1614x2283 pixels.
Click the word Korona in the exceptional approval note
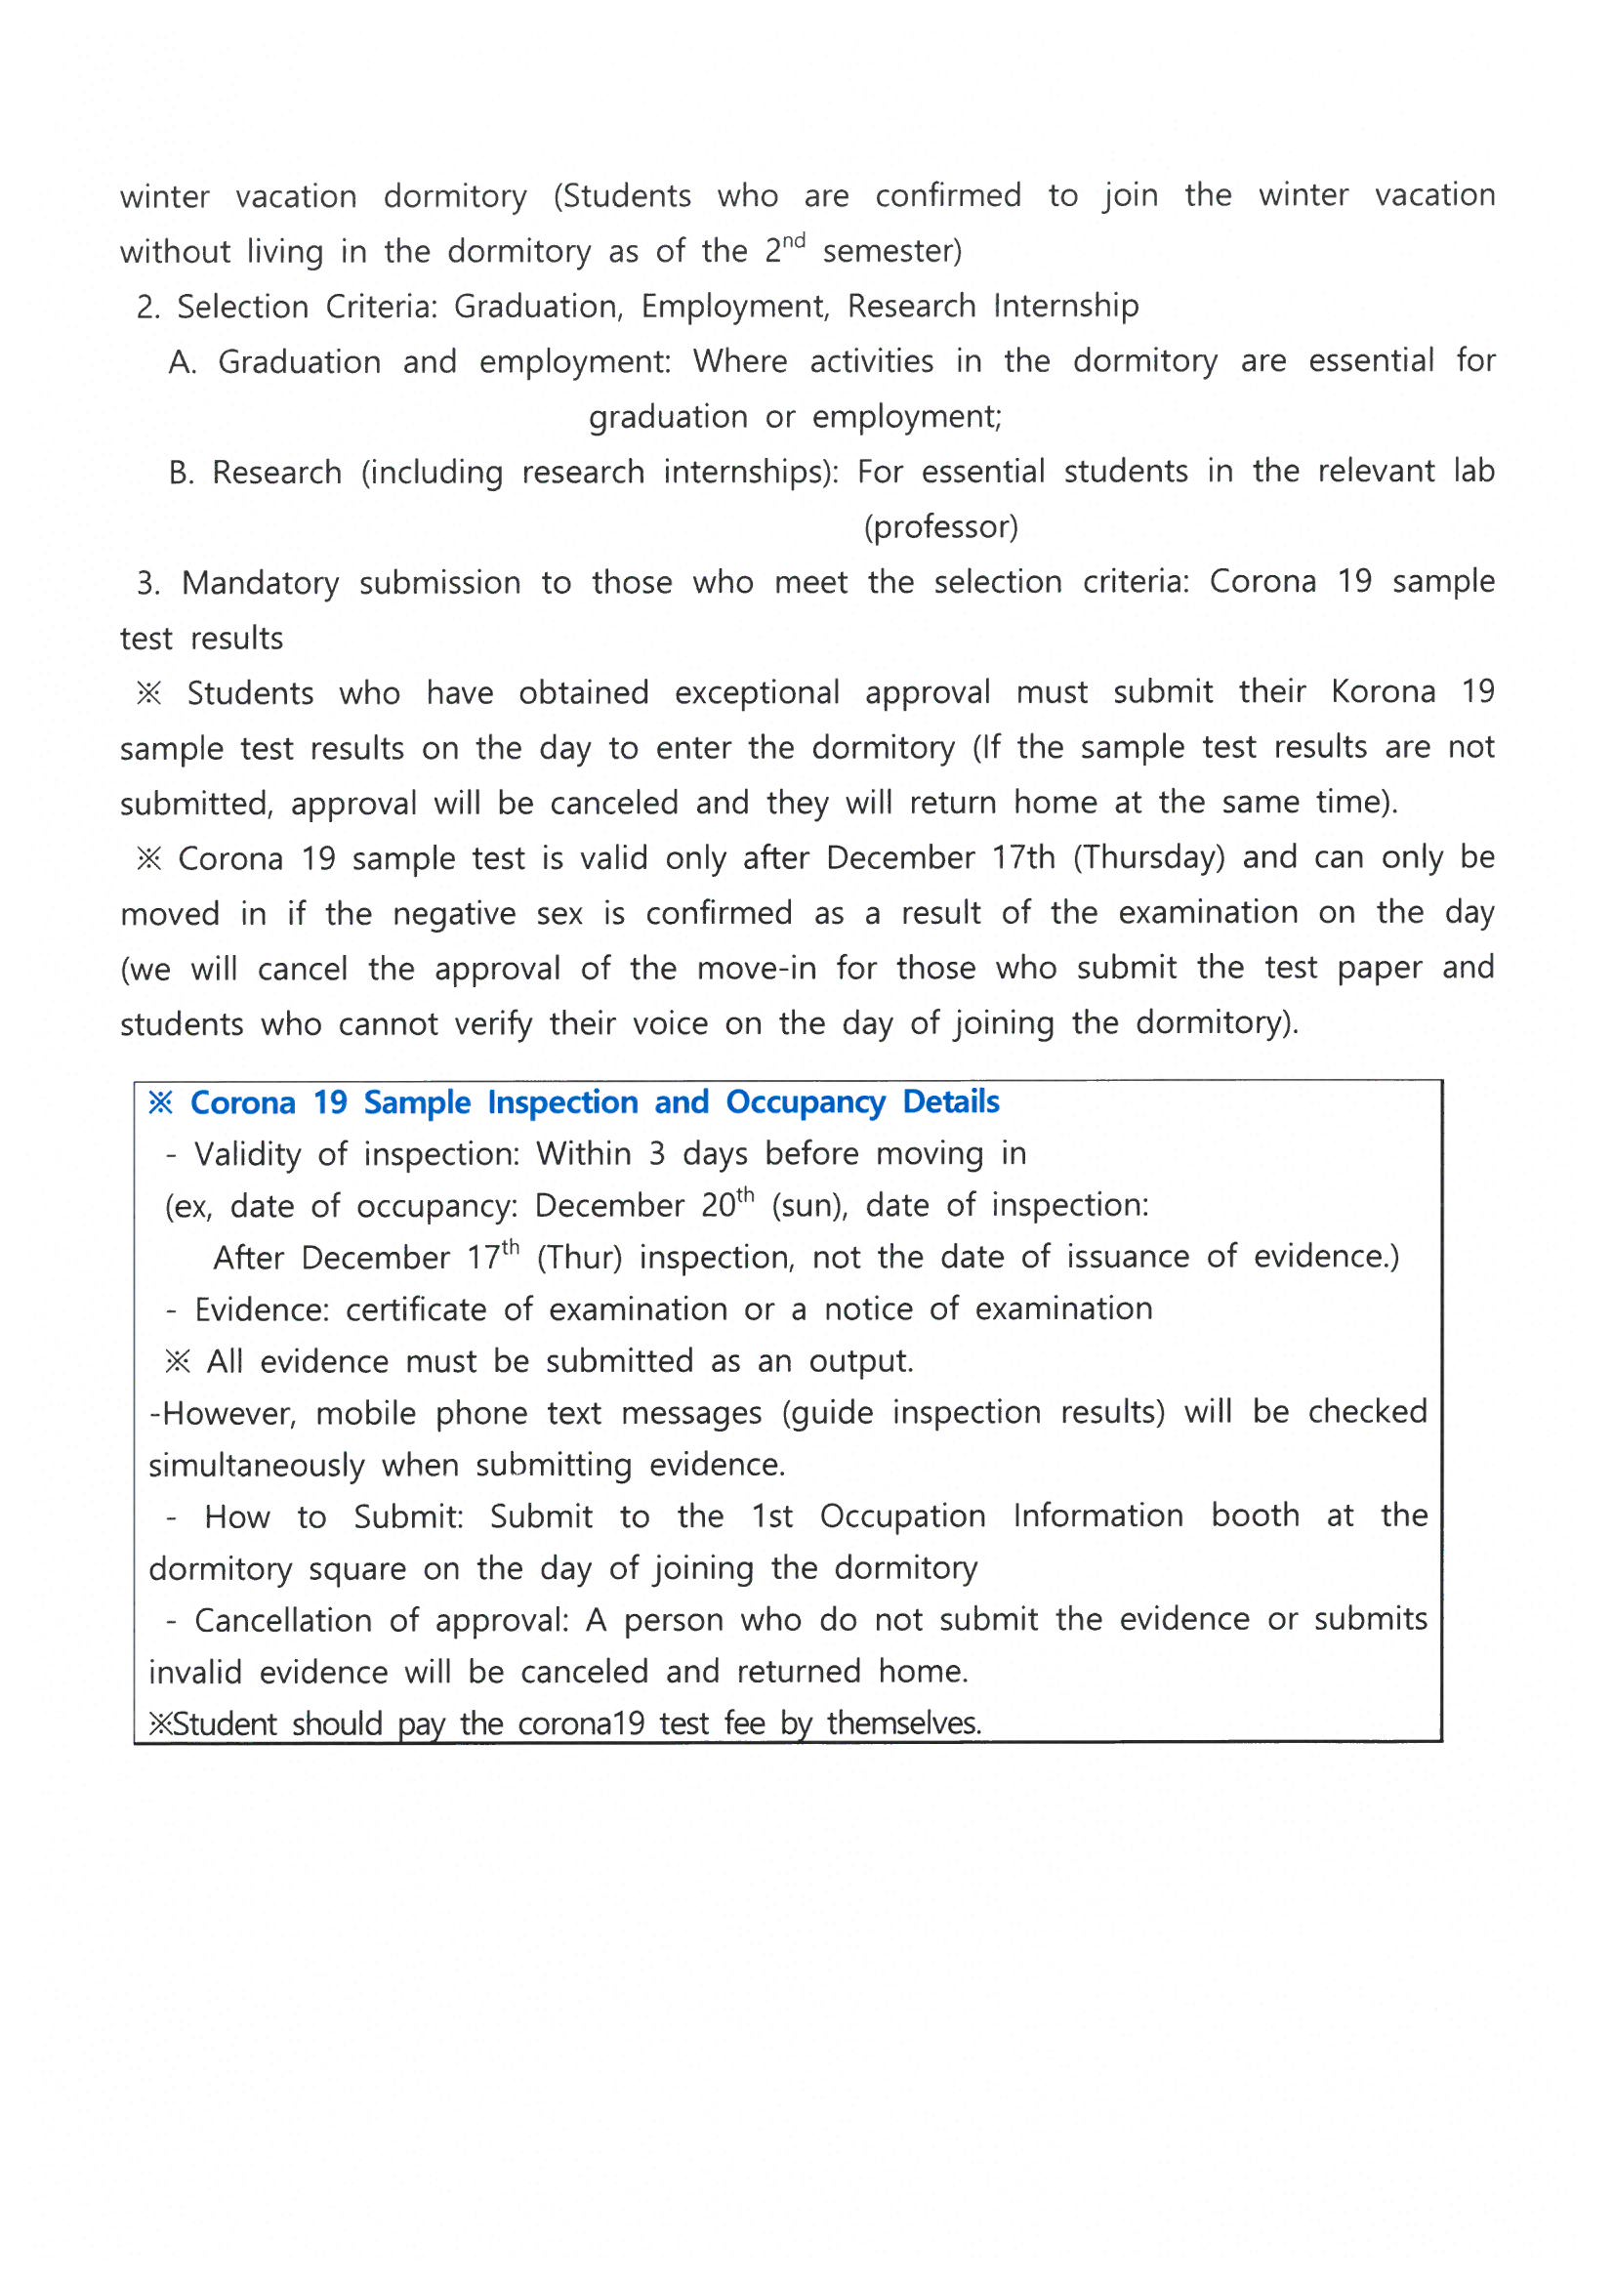[x=1383, y=691]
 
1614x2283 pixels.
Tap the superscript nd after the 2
[x=792, y=240]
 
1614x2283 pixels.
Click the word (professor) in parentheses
[x=940, y=526]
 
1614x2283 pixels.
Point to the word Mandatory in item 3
[x=260, y=582]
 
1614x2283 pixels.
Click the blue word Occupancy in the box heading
[x=805, y=1101]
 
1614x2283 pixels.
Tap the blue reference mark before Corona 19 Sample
[x=160, y=1101]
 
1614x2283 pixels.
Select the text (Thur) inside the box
[x=579, y=1257]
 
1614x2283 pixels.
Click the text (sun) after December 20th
[x=808, y=1205]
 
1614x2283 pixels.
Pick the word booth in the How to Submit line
[x=1255, y=1515]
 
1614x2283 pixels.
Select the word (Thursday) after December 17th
[x=1148, y=857]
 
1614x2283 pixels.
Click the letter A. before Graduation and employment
[x=182, y=362]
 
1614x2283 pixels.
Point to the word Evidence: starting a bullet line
[x=261, y=1309]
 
